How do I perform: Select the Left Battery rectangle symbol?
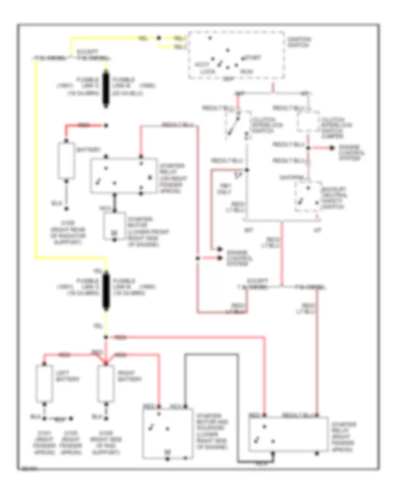click(44, 384)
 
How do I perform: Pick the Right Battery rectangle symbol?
click(106, 384)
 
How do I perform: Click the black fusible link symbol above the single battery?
click(106, 88)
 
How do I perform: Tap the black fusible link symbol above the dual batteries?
click(106, 292)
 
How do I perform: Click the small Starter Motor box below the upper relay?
click(114, 224)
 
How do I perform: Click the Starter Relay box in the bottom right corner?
click(288, 434)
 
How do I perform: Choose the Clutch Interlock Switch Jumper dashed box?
click(307, 121)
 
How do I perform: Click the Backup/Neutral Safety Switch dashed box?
click(307, 197)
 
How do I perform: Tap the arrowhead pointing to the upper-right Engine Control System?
click(332, 148)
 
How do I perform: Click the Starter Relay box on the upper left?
click(124, 176)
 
